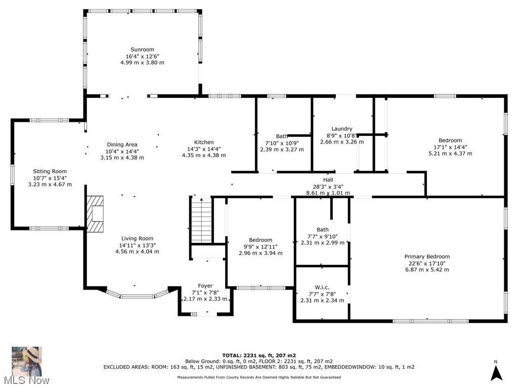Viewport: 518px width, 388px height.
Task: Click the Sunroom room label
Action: click(x=142, y=50)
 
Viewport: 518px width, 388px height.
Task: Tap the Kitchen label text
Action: click(x=204, y=142)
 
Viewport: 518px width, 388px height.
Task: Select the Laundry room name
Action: click(x=341, y=129)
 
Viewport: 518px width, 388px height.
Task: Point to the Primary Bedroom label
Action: click(x=427, y=256)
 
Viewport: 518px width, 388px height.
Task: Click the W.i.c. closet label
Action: click(x=322, y=287)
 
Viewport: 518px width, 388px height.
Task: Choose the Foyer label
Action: click(x=205, y=286)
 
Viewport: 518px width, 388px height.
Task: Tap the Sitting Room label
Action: click(x=50, y=171)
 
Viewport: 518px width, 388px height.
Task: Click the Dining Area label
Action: click(x=122, y=144)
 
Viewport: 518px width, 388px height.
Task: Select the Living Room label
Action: click(x=137, y=238)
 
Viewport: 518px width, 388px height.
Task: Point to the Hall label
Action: click(x=328, y=180)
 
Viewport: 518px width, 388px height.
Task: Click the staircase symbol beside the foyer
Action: click(x=202, y=220)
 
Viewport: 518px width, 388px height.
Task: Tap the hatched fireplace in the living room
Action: click(x=95, y=214)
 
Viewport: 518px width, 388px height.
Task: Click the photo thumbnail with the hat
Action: click(x=27, y=361)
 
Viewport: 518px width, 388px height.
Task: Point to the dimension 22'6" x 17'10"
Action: click(x=427, y=263)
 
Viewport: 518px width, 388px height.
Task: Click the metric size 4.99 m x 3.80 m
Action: click(x=142, y=62)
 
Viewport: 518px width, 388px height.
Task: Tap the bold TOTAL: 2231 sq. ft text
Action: click(x=249, y=355)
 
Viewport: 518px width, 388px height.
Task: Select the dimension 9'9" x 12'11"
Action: click(x=261, y=247)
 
